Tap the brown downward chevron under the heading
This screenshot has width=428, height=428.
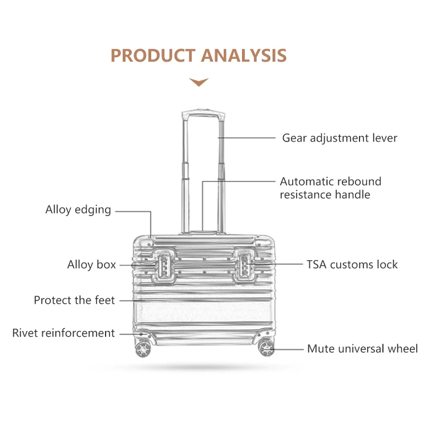pos(199,82)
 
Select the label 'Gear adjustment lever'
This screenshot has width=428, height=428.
pos(340,138)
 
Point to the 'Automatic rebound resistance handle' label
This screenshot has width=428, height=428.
pos(330,188)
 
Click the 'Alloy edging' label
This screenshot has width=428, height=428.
pos(78,209)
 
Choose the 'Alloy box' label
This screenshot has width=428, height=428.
pos(91,264)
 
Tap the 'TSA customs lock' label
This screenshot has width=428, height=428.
pos(352,264)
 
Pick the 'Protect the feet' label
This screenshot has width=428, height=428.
pos(74,300)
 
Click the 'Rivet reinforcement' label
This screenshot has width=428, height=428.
pos(63,333)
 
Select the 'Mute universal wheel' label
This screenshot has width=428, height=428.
pos(362,349)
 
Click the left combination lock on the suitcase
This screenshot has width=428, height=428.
pos(161,266)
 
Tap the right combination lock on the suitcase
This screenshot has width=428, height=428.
pos(245,266)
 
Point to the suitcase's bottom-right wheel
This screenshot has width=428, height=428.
pos(266,347)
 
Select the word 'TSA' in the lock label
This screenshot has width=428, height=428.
pos(316,264)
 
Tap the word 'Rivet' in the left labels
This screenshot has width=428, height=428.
pos(26,333)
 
